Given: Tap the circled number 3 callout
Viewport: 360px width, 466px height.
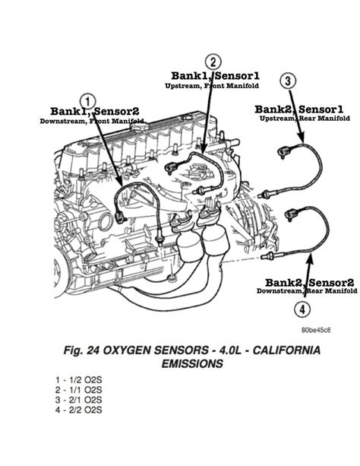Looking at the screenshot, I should (288, 81).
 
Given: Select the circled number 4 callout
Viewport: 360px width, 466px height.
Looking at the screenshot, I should (302, 310).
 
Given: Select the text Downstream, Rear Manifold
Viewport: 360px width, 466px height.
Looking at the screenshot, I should (306, 291).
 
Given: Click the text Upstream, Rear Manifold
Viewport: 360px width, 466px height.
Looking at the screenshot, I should (305, 119).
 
